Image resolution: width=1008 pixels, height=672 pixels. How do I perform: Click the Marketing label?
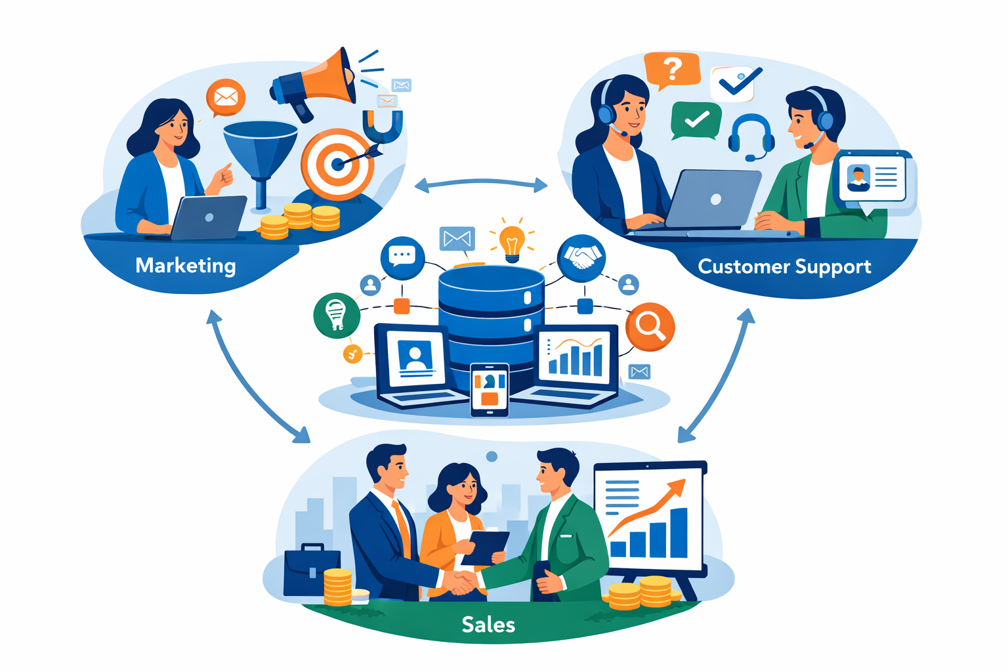point(185,265)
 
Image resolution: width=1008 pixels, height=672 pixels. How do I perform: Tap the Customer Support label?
point(784,266)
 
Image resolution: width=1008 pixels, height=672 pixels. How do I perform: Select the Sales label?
point(488,624)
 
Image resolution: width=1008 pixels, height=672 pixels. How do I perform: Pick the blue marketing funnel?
point(261,155)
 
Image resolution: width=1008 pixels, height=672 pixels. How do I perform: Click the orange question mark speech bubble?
point(671,69)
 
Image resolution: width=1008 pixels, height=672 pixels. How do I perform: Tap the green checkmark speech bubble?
point(696,120)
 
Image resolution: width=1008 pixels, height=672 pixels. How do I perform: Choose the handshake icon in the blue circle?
point(581,258)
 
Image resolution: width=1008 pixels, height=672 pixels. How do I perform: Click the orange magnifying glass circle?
point(650,326)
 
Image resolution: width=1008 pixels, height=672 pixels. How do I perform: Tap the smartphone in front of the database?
point(490,390)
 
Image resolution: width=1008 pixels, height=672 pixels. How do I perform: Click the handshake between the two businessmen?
point(460,581)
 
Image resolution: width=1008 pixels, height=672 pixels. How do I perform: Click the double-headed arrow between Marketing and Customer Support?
point(481,184)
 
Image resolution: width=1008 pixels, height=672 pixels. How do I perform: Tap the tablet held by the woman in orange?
point(485,547)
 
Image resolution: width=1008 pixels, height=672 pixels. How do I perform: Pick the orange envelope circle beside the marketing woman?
point(225,98)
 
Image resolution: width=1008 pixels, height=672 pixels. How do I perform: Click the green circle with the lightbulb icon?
point(337,314)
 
